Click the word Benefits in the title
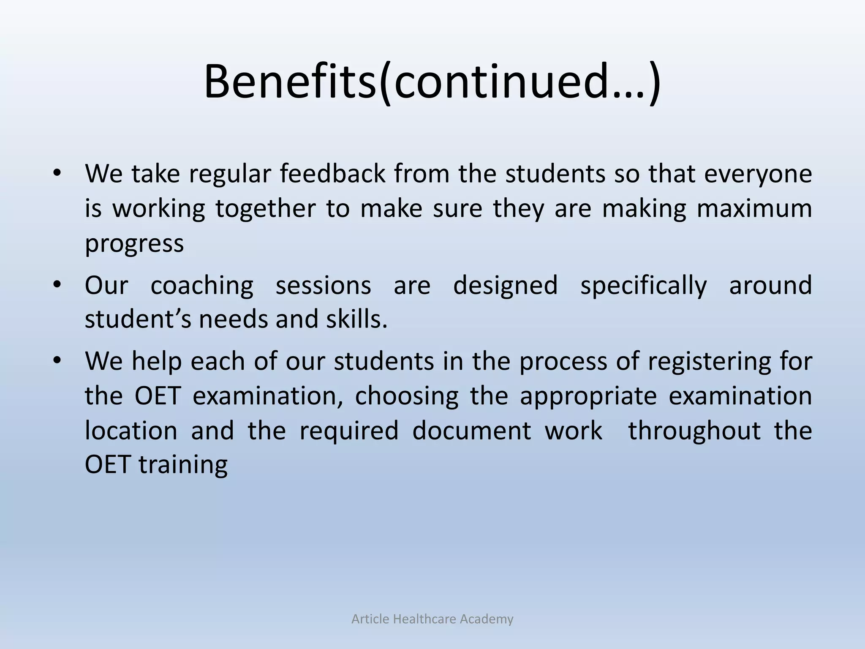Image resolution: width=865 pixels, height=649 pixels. coord(290,81)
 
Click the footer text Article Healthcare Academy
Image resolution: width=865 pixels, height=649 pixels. coord(432,619)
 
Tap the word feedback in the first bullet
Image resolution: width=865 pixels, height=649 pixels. coord(333,174)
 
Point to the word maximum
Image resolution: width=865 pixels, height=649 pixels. coord(754,208)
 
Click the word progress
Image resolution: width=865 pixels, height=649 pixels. coord(134,244)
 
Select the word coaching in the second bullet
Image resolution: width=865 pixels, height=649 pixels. coord(202,286)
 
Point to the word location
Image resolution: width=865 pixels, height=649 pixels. coord(131,431)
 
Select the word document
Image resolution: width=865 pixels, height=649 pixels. coord(471,431)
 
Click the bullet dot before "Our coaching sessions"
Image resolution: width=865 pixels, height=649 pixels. coord(57,284)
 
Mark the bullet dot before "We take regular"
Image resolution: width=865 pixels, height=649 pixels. coord(57,173)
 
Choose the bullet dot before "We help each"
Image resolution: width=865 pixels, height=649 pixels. coord(57,360)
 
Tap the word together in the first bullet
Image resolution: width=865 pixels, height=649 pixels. coord(265,209)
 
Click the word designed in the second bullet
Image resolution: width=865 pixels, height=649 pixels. coord(505,286)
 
